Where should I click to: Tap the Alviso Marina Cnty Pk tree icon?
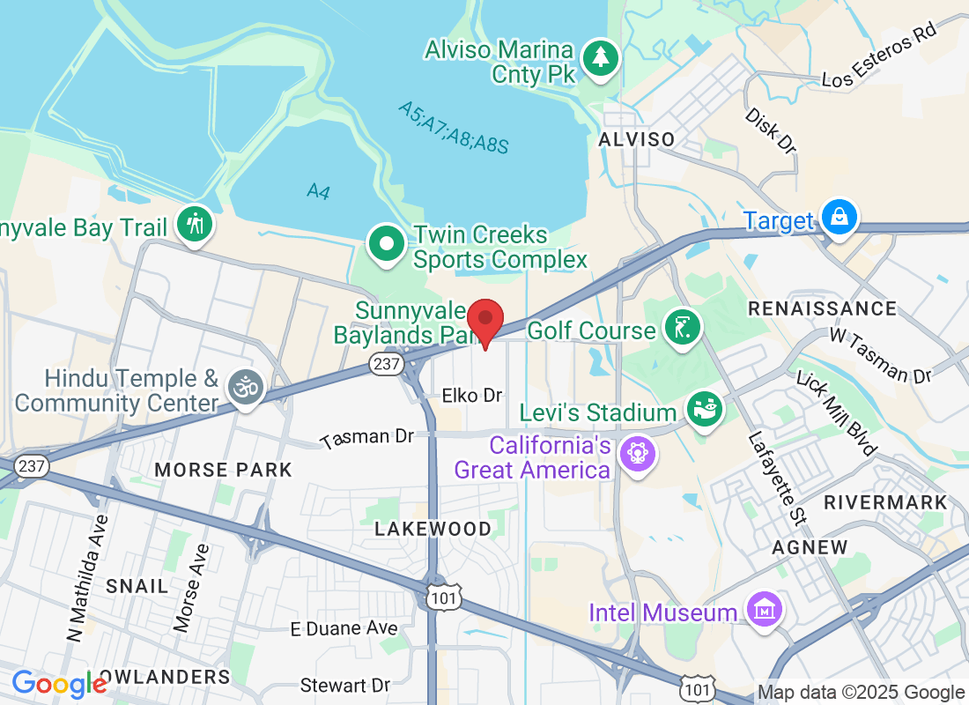tap(602, 58)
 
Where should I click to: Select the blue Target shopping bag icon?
tap(839, 216)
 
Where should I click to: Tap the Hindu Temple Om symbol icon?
tap(246, 387)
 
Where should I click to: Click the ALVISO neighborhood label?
tap(636, 139)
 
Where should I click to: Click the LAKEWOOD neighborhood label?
tap(433, 529)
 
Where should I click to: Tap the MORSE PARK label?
tap(223, 470)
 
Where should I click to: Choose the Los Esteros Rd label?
tap(878, 55)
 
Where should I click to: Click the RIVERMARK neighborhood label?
tap(885, 502)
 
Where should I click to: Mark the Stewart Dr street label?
tap(344, 685)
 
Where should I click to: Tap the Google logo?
tap(59, 683)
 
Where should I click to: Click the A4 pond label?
tap(319, 190)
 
